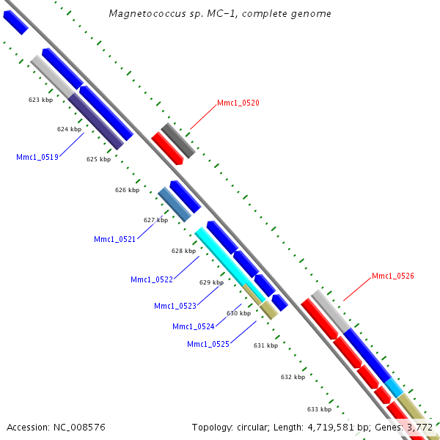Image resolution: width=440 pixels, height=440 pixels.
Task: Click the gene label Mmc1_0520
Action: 238,103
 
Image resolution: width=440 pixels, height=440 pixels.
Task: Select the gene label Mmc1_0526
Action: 392,276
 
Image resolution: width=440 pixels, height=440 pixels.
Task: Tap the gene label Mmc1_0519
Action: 37,157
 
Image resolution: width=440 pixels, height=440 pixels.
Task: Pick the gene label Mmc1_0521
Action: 114,239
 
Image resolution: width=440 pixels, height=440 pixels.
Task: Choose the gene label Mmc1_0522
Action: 151,279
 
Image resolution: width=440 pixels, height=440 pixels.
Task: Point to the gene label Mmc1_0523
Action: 175,306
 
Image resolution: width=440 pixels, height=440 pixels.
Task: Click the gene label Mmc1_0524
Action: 193,326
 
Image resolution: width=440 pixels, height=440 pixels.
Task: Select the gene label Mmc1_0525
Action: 208,344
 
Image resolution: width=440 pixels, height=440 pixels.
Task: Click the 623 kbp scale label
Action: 40,100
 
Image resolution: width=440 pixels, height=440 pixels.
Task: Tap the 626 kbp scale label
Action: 127,190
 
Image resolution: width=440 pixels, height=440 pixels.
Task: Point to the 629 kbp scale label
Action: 211,282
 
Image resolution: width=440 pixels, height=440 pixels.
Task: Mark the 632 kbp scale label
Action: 293,377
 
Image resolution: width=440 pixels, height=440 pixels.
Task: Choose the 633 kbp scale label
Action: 319,409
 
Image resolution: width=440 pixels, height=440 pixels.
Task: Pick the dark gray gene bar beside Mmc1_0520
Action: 178,141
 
